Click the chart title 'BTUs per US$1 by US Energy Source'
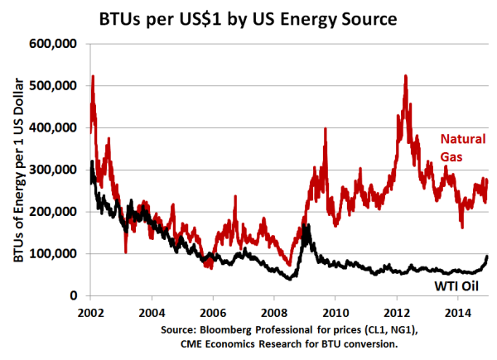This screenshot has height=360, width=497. [x=248, y=17]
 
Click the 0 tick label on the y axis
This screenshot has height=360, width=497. [x=75, y=296]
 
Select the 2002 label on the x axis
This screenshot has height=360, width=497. [x=90, y=313]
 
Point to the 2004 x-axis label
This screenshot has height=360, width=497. [x=152, y=313]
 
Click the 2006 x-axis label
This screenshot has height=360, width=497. [x=213, y=313]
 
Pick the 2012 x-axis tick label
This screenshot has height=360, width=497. [x=398, y=313]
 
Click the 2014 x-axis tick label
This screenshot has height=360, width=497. [x=459, y=313]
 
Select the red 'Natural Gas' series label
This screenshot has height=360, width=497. [x=463, y=146]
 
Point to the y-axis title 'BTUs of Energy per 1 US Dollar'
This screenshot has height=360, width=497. [x=17, y=170]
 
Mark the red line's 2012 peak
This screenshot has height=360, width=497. [x=405, y=76]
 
